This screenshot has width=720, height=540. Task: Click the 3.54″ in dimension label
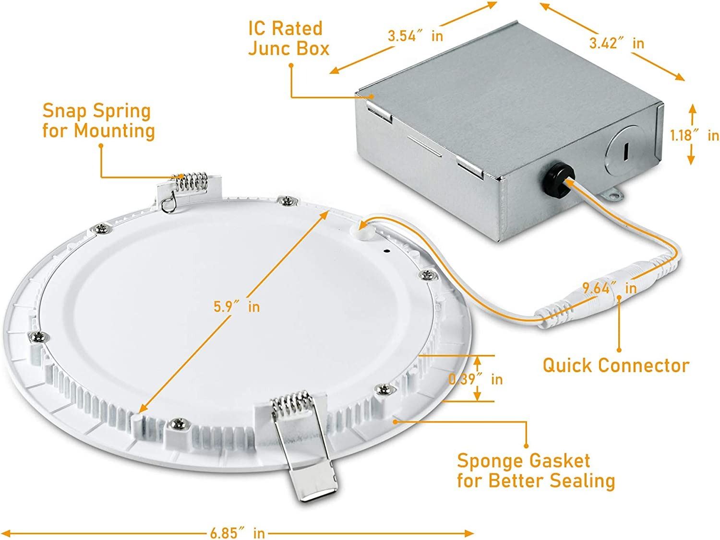(x=415, y=36)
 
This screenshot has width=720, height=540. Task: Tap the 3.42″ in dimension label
(x=616, y=43)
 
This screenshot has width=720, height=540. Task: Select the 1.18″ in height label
(x=695, y=135)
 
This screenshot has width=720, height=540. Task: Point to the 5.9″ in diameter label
(x=237, y=307)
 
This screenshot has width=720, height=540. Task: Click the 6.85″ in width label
(x=237, y=533)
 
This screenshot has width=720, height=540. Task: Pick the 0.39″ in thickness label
(x=475, y=379)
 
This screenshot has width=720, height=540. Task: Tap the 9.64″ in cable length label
(x=609, y=288)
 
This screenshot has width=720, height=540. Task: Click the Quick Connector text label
(x=616, y=365)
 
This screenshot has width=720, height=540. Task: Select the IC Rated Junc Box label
(x=288, y=38)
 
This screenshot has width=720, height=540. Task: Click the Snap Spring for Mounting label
(x=98, y=120)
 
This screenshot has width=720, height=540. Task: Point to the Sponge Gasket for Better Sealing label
(x=536, y=471)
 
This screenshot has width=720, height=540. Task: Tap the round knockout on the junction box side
(x=623, y=151)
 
